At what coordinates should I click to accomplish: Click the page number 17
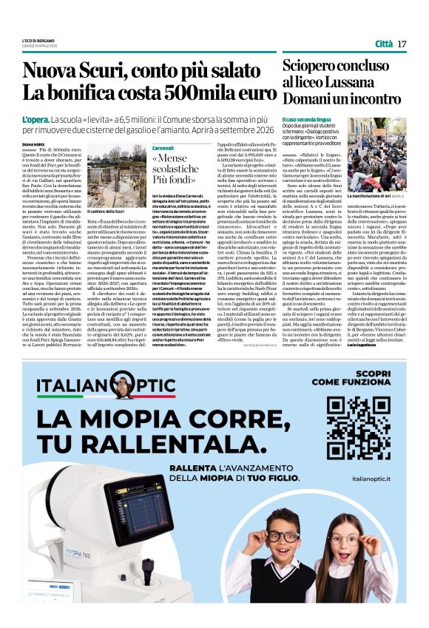pos(402,44)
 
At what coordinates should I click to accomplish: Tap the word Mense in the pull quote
pos(176,160)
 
